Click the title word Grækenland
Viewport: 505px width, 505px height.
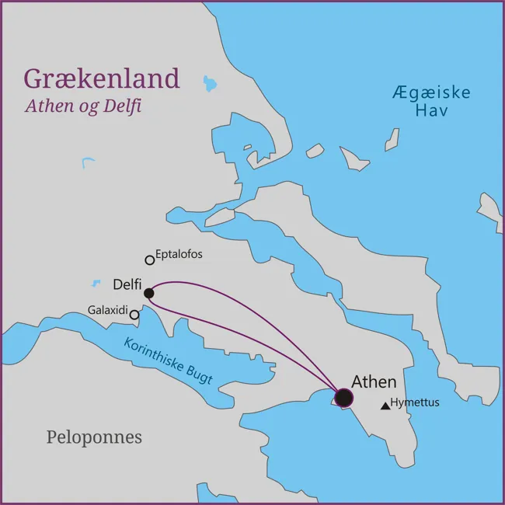(x=101, y=78)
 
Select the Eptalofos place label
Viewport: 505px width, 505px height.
(x=179, y=254)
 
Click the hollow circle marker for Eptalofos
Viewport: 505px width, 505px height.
(x=150, y=260)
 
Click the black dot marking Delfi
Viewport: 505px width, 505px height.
(x=148, y=294)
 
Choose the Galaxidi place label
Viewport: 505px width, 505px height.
(x=107, y=309)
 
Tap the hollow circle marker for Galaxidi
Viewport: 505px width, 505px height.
(x=134, y=315)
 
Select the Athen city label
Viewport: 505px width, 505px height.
(x=374, y=381)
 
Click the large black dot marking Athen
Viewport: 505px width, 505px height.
(x=343, y=398)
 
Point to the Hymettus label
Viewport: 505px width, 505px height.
(x=416, y=402)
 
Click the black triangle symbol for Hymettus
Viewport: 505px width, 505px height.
(x=385, y=406)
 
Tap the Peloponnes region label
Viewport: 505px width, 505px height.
(x=94, y=437)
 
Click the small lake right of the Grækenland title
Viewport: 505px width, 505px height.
(x=210, y=82)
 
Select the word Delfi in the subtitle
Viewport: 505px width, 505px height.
(x=124, y=106)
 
